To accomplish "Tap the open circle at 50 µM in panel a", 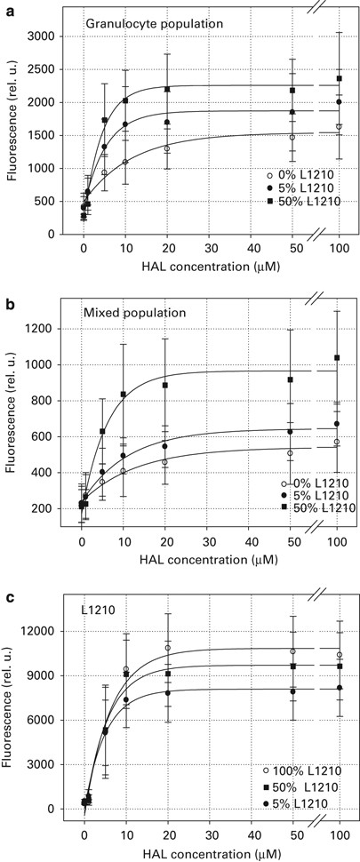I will point(292,137).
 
